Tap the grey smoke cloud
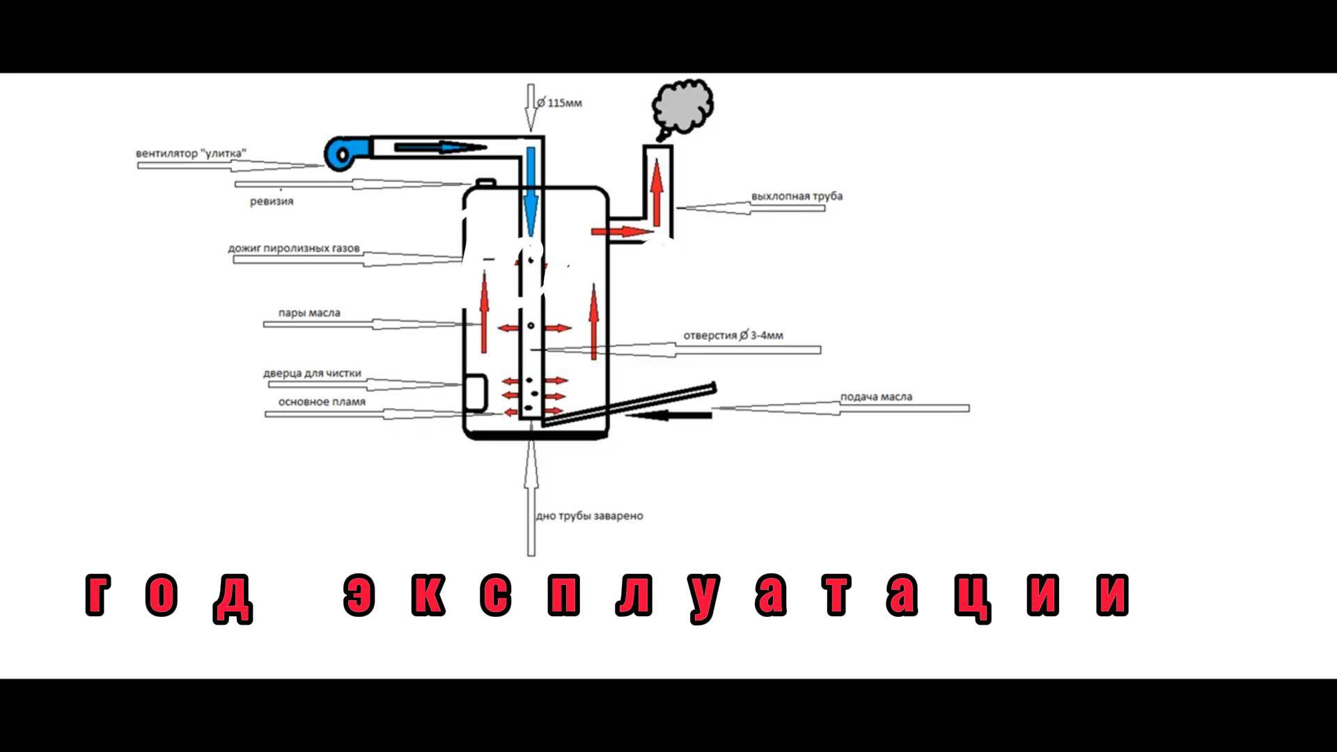click(x=683, y=107)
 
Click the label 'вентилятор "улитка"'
click(x=191, y=153)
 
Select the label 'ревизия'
click(x=272, y=201)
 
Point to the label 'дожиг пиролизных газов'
click(x=294, y=248)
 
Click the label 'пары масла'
click(x=309, y=313)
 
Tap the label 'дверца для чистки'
click(x=312, y=373)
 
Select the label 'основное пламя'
click(x=322, y=402)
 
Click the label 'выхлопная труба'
click(x=797, y=196)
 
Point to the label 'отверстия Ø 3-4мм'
click(x=733, y=335)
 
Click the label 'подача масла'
click(x=876, y=397)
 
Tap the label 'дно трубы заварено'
click(x=589, y=516)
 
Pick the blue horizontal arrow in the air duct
click(x=439, y=147)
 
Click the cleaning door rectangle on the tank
click(x=476, y=392)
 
